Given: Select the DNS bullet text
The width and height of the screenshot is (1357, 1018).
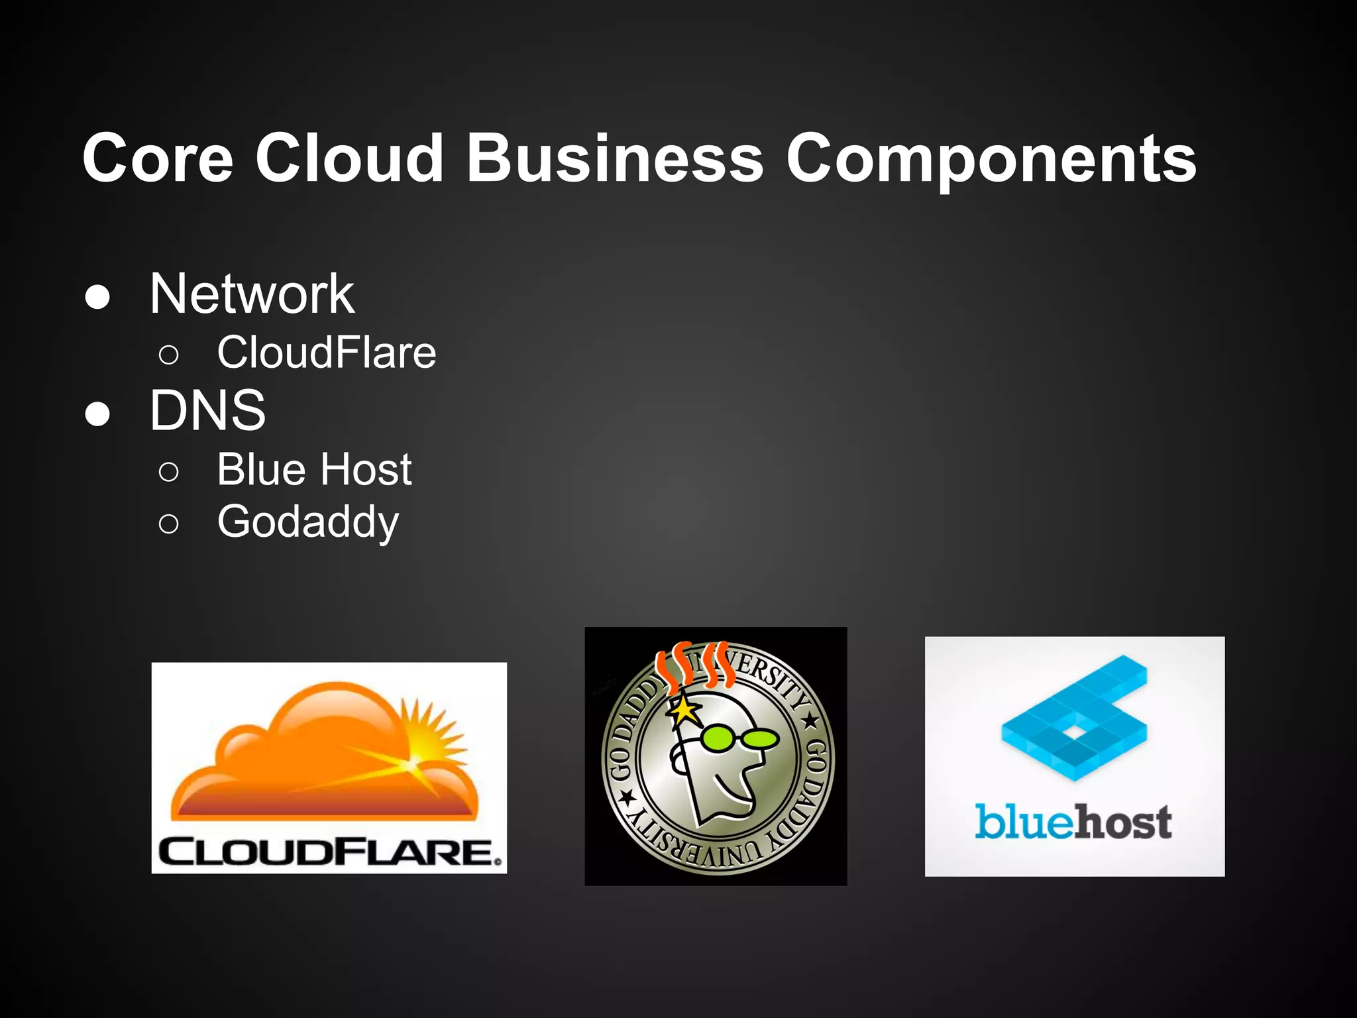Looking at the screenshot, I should pyautogui.click(x=207, y=411).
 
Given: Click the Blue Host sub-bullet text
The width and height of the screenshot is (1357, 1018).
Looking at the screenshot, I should pyautogui.click(x=314, y=469).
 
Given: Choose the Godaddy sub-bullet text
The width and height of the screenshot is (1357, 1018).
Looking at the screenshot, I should pyautogui.click(x=308, y=522).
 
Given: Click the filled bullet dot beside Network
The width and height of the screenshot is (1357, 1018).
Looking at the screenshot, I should pyautogui.click(x=97, y=297).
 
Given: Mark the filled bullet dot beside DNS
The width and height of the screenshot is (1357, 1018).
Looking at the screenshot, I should pyautogui.click(x=97, y=414).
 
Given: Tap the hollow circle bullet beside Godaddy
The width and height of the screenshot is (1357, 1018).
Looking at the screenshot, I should pyautogui.click(x=169, y=524).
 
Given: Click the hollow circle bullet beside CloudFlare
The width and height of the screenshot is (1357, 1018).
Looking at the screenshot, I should pyautogui.click(x=169, y=355).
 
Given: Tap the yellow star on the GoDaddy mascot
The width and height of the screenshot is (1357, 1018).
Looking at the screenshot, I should pyautogui.click(x=684, y=711).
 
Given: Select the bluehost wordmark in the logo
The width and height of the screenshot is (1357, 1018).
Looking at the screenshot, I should pyautogui.click(x=1073, y=822).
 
